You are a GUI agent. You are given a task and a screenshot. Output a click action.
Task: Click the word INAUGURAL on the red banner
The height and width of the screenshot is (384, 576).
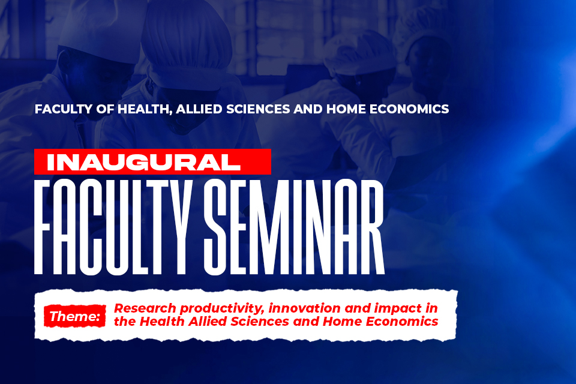coord(143,162)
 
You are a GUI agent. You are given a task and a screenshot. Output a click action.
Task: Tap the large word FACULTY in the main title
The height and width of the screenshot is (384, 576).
coord(113,227)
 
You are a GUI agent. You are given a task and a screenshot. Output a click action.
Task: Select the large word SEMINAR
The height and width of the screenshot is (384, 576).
coord(294,227)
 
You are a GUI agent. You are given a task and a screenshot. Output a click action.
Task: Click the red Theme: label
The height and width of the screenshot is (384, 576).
coord(75,316)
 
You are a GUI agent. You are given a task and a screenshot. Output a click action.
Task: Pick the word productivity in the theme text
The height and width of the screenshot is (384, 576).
coord(222,308)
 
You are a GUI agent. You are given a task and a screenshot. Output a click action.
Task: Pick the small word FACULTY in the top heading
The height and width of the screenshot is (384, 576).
coord(64,109)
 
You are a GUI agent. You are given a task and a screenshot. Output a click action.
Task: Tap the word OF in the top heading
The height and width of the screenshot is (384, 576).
coord(105,109)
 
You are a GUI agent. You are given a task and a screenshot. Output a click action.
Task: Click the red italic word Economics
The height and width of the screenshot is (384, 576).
coord(402,321)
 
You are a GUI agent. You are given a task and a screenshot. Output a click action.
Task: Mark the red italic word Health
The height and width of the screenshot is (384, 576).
coord(162,321)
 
